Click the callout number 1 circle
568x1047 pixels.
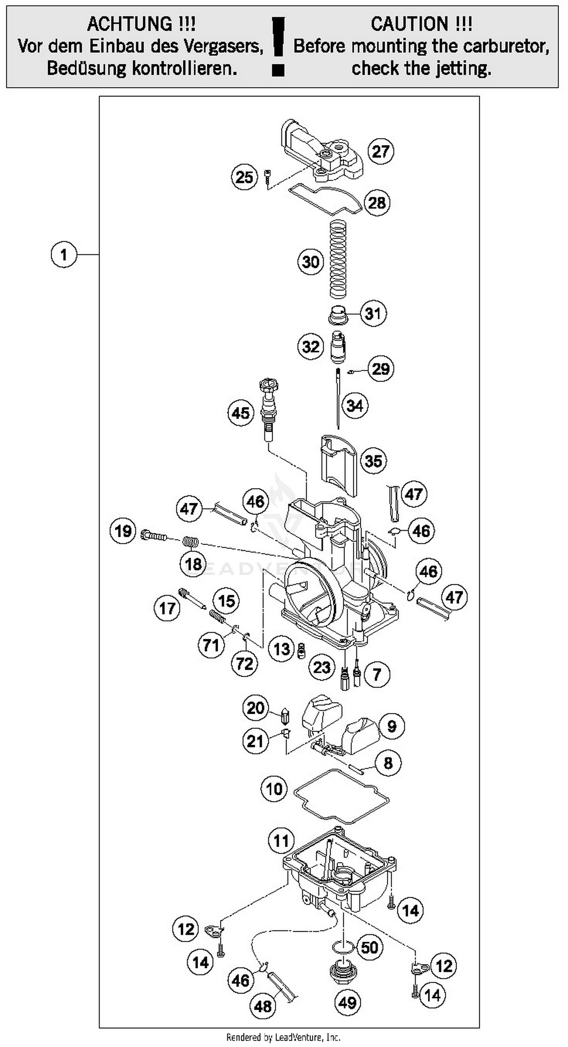[x=64, y=254]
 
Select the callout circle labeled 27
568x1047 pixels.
[x=381, y=151]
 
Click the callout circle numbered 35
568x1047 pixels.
[x=373, y=461]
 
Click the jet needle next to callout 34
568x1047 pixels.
[x=338, y=398]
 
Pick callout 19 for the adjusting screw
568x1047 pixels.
[x=123, y=531]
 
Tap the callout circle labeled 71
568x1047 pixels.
[x=211, y=644]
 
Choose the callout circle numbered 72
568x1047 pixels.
[x=244, y=664]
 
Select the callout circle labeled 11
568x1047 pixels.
[x=281, y=841]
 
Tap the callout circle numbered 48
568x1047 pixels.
[x=263, y=1006]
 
